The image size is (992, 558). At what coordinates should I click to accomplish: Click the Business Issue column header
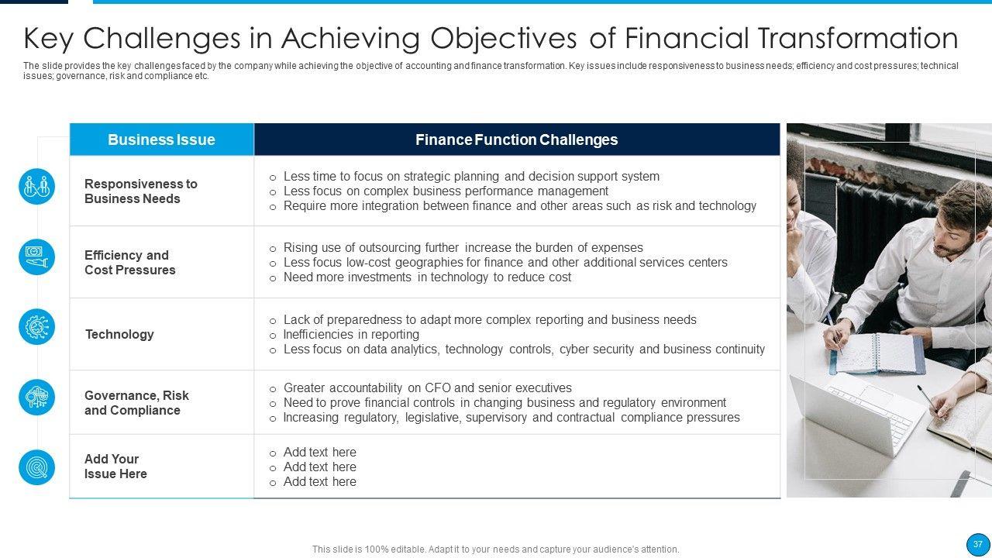click(161, 139)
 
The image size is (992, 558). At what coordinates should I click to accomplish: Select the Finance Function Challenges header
click(516, 139)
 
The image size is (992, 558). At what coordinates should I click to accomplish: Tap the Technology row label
click(119, 334)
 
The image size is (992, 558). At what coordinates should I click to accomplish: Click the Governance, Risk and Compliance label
click(136, 402)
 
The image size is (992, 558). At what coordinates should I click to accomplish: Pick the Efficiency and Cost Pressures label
click(129, 263)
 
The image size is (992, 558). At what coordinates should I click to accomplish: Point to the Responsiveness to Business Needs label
click(141, 191)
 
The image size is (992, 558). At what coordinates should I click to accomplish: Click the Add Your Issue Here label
click(115, 467)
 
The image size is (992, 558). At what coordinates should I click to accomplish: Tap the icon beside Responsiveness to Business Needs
click(36, 187)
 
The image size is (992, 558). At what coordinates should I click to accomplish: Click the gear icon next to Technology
click(36, 327)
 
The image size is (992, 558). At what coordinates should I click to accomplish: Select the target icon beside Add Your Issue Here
click(36, 467)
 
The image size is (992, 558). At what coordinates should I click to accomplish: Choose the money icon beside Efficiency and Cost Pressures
click(36, 257)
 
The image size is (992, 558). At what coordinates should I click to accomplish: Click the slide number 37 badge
click(977, 544)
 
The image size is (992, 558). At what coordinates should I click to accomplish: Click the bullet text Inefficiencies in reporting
click(351, 334)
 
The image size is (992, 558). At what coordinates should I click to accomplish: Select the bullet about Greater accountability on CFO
click(427, 388)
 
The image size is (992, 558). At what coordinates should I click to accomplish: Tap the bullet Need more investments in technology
click(427, 277)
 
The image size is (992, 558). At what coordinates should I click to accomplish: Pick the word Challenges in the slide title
click(162, 39)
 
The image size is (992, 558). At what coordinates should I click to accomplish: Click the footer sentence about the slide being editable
click(495, 549)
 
